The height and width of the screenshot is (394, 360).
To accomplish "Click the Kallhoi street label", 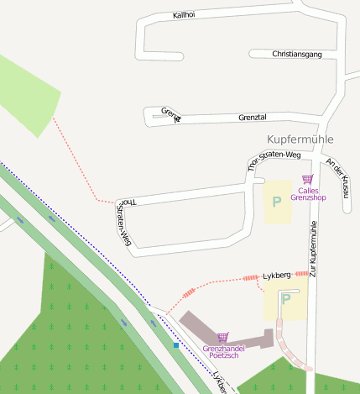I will (184, 15).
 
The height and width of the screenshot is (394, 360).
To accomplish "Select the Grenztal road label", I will (252, 118).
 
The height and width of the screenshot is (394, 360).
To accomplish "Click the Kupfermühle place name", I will (300, 139).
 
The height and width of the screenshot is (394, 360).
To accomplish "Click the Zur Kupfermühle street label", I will (313, 249).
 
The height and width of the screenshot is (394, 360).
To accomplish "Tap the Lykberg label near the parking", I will (277, 276).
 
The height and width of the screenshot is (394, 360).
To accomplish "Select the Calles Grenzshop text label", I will (307, 193).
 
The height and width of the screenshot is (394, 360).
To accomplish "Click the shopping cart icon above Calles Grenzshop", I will (307, 179).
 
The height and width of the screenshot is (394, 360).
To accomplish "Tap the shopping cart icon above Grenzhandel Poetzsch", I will (222, 337).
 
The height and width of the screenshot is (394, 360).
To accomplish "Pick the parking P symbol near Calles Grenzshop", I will (276, 202).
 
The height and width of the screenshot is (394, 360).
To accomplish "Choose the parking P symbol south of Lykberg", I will (285, 299).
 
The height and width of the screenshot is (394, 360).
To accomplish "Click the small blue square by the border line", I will (176, 344).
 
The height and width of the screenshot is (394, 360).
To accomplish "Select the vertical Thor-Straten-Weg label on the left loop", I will (123, 223).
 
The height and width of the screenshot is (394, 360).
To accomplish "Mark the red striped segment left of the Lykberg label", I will (251, 277).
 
